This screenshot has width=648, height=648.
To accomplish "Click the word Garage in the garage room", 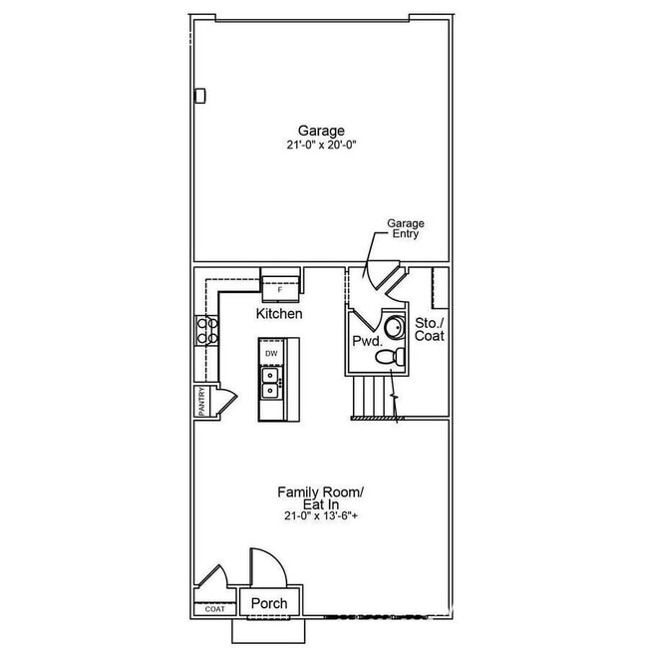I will tap(320, 131).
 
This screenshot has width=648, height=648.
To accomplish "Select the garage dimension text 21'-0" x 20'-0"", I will tap(320, 145).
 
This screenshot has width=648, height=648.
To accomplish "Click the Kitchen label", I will tap(279, 314).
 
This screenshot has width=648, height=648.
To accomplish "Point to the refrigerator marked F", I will tap(279, 285).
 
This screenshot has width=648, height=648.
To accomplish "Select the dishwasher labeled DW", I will tap(271, 352).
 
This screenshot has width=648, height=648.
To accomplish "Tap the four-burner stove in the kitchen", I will tap(208, 330).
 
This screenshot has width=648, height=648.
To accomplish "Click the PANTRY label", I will tap(202, 402).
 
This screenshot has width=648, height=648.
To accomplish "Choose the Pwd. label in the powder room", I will tap(365, 340).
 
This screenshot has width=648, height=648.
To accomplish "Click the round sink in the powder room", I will tap(395, 325).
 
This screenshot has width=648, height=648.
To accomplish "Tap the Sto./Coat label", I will tap(430, 330).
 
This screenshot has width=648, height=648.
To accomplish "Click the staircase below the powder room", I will tap(375, 397).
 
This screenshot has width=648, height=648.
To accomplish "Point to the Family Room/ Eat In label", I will tap(320, 498).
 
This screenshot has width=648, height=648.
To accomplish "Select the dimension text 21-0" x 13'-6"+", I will tap(320, 516).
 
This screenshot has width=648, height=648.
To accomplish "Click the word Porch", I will tap(269, 604).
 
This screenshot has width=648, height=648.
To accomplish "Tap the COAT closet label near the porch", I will tap(214, 608).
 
